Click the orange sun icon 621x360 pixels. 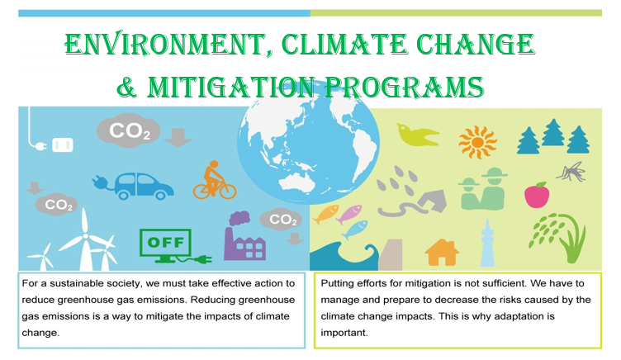pos(477,142)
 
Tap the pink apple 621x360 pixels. pos(537,195)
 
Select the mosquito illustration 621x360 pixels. pos(571,172)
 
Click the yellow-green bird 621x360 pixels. pos(417,135)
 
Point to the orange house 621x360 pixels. pos(442,253)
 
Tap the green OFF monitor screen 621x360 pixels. pos(165,243)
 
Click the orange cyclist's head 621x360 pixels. pos(214,164)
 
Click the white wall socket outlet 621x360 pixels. pos(63,145)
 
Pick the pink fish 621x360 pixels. pos(349,214)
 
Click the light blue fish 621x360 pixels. pos(354,230)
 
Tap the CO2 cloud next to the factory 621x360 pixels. pos(282,219)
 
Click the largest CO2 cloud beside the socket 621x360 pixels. pos(129,130)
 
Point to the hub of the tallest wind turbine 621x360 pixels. pos(85,237)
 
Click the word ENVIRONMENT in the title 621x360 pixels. pos(165,44)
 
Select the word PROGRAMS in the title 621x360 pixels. pos(404,87)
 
